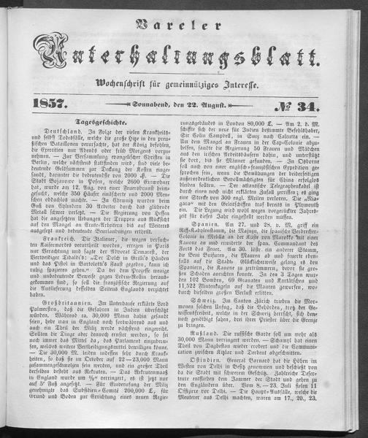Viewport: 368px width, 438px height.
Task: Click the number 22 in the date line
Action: [x=207, y=107]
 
